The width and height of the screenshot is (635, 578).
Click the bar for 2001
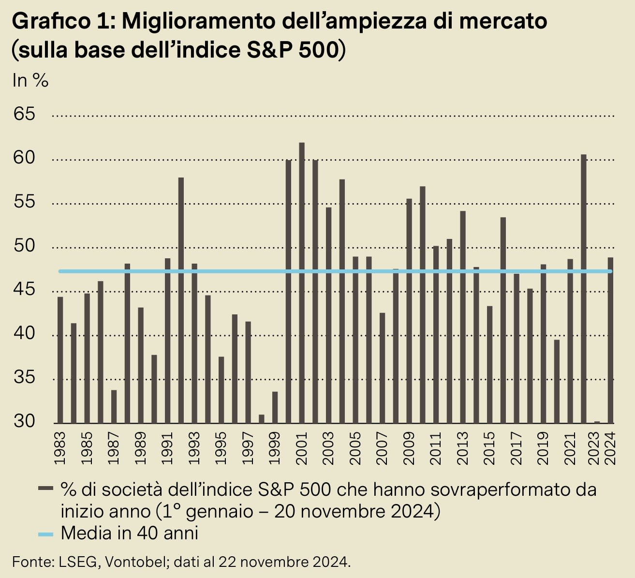coord(302,283)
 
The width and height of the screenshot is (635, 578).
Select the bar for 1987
coord(114,407)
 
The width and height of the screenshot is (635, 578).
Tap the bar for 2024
coord(610,341)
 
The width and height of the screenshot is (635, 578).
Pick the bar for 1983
coord(60,360)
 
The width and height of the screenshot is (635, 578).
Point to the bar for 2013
coord(463,317)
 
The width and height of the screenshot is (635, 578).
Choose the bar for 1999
coord(275,407)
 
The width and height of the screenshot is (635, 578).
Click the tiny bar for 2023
coord(597,422)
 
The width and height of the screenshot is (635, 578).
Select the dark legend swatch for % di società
coord(45,489)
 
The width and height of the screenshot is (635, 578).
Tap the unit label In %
coord(30,81)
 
